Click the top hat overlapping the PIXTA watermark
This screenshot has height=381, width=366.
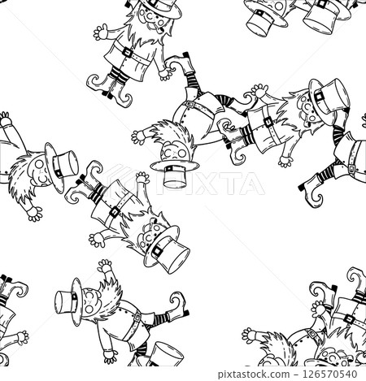pyautogui.click(x=174, y=175)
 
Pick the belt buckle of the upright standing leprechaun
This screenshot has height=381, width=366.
pyautogui.click(x=127, y=52)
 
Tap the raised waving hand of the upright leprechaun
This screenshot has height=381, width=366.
pyautogui.click(x=102, y=32)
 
